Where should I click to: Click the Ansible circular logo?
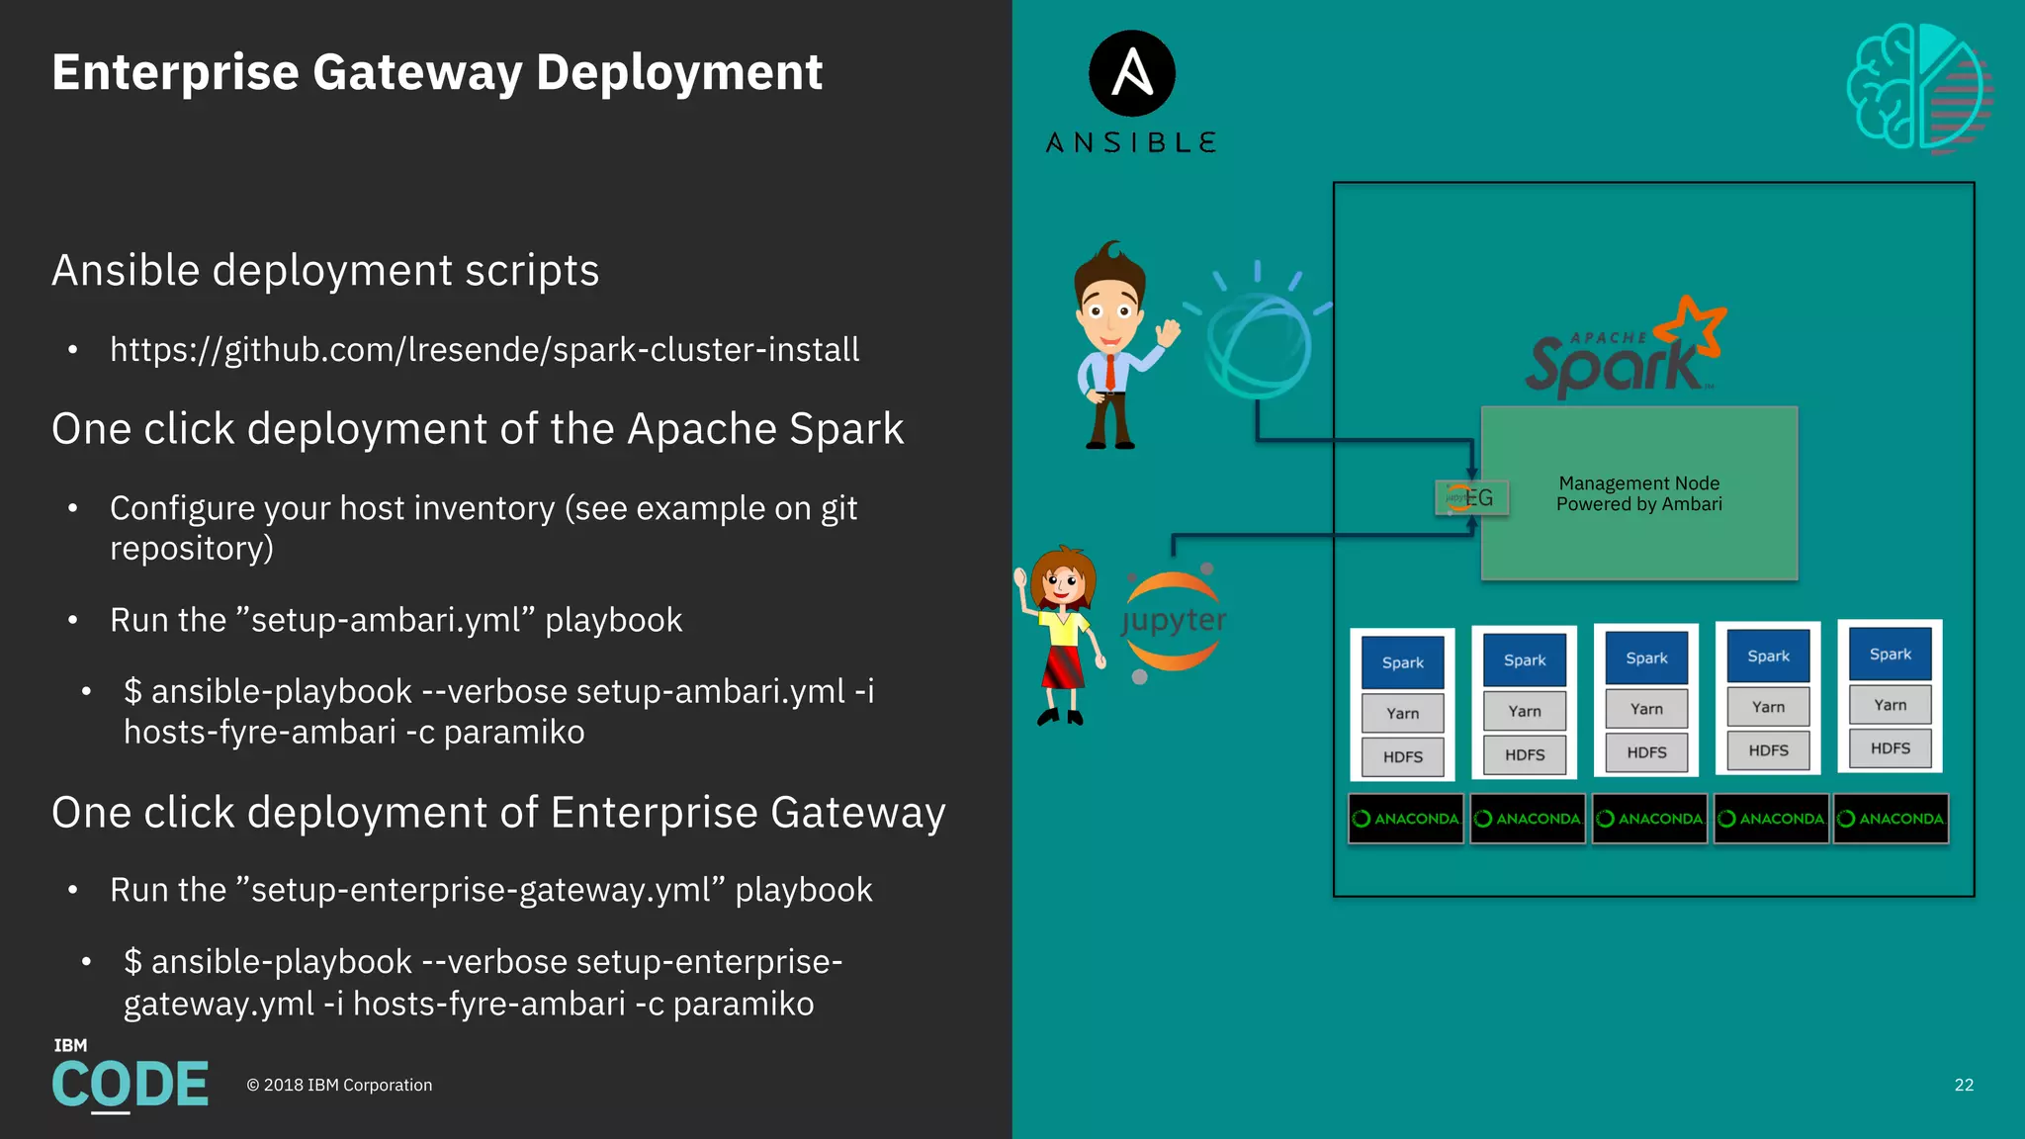pos(1131,73)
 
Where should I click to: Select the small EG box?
pos(1471,497)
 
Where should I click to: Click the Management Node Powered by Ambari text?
pos(1638,493)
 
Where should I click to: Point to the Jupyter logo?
pos(1174,621)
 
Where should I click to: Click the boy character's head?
pos(1110,302)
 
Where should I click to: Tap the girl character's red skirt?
pos(1062,664)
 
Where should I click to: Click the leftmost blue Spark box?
pos(1402,662)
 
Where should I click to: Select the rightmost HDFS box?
pos(1890,748)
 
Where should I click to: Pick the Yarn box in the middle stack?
pos(1646,709)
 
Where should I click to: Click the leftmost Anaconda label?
pos(1405,819)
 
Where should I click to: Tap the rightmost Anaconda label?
pos(1891,819)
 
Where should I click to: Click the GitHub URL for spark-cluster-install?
pos(484,350)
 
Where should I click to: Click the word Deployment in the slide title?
pos(678,73)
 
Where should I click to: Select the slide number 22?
pos(1964,1085)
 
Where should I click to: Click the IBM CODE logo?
pos(130,1077)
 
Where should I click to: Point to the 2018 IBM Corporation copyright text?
pos(339,1085)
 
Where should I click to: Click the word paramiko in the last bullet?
pos(744,1004)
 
